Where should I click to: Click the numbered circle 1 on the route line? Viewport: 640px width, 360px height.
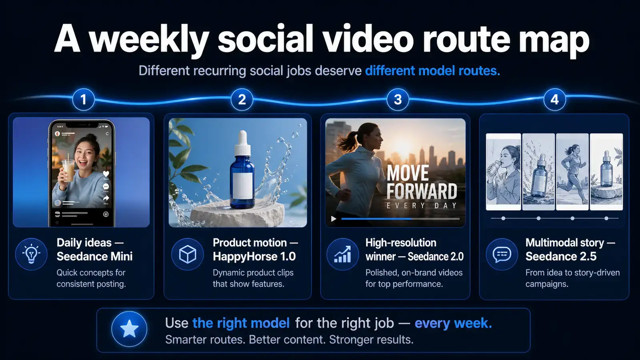point(84,100)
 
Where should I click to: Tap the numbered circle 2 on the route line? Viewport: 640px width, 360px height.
point(242,100)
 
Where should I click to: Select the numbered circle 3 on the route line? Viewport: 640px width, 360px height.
point(398,100)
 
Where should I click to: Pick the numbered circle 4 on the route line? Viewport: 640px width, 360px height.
point(554,100)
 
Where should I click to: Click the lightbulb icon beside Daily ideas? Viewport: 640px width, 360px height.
point(31,254)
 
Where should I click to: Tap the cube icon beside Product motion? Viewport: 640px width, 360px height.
point(188,254)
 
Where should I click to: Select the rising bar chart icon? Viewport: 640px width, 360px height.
point(342,254)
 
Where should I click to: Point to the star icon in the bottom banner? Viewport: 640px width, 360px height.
point(129,329)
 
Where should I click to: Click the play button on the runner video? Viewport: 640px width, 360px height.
point(334,219)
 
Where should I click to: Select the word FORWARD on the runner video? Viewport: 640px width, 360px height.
point(422,192)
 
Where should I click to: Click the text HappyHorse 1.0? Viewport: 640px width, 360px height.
point(254,256)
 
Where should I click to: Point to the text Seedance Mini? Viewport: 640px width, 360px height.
point(94,256)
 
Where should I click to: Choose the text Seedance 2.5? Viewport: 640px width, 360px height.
point(561,256)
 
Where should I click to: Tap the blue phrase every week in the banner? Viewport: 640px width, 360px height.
point(453,323)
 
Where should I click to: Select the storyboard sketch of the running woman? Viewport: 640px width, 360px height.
point(572,172)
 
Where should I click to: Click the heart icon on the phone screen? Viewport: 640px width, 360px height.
point(106,174)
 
